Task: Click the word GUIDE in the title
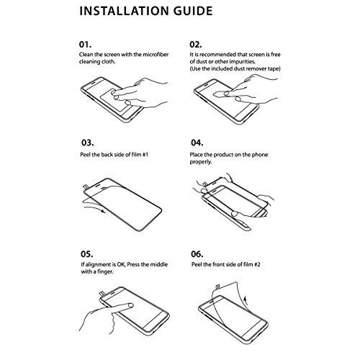point(193,11)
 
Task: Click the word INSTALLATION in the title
point(124,11)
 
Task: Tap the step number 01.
point(85,45)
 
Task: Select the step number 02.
point(196,45)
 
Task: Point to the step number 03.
point(87,143)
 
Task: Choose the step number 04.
point(197,143)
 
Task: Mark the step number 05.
point(87,254)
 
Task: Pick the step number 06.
point(197,254)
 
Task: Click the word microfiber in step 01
point(156,55)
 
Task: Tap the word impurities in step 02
point(242,62)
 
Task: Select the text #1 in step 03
point(145,155)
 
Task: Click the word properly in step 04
point(201,162)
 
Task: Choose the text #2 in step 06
point(257,264)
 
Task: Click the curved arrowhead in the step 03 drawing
point(103,211)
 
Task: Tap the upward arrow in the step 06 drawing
point(245,300)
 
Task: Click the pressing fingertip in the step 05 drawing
point(130,305)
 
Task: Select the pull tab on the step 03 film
point(86,186)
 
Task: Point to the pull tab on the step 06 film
point(218,287)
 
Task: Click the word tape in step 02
point(274,69)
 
